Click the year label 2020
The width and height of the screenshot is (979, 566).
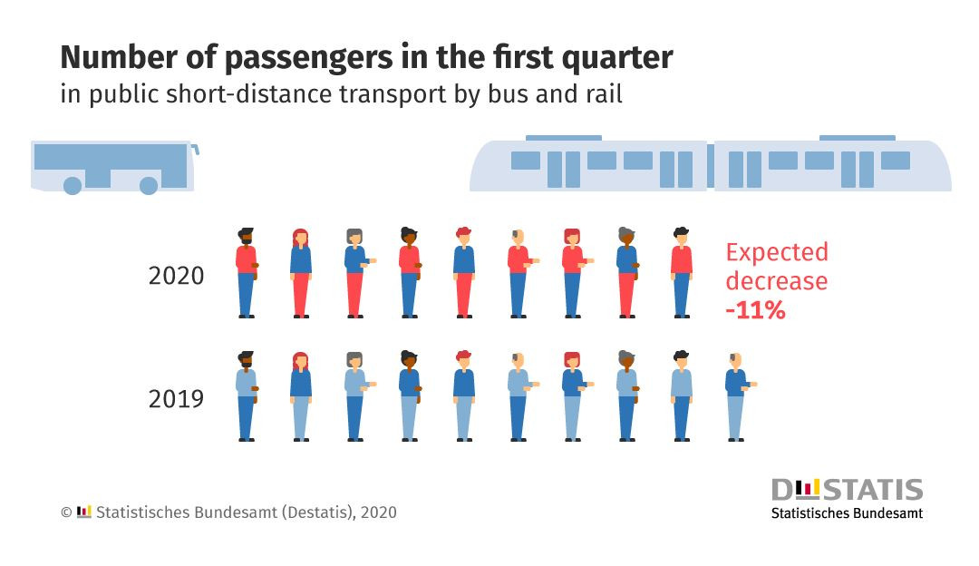click(176, 275)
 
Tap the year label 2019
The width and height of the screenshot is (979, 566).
click(176, 398)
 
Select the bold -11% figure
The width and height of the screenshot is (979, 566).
click(755, 310)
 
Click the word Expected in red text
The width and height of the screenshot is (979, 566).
click(777, 252)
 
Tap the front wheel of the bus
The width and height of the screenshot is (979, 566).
click(150, 186)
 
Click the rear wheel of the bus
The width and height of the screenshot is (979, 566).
click(73, 186)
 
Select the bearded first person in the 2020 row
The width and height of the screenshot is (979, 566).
click(247, 272)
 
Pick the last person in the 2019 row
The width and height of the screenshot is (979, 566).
click(736, 395)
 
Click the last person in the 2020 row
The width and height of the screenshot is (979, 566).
click(682, 272)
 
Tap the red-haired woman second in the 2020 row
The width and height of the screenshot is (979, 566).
click(301, 272)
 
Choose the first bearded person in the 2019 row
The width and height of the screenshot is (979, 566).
click(247, 395)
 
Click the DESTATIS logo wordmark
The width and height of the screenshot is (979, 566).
click(847, 491)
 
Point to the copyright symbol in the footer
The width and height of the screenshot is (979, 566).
click(66, 512)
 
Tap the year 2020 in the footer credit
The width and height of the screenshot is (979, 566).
click(378, 512)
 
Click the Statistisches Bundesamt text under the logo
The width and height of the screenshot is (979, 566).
click(847, 513)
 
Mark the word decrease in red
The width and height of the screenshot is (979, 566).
click(777, 281)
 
